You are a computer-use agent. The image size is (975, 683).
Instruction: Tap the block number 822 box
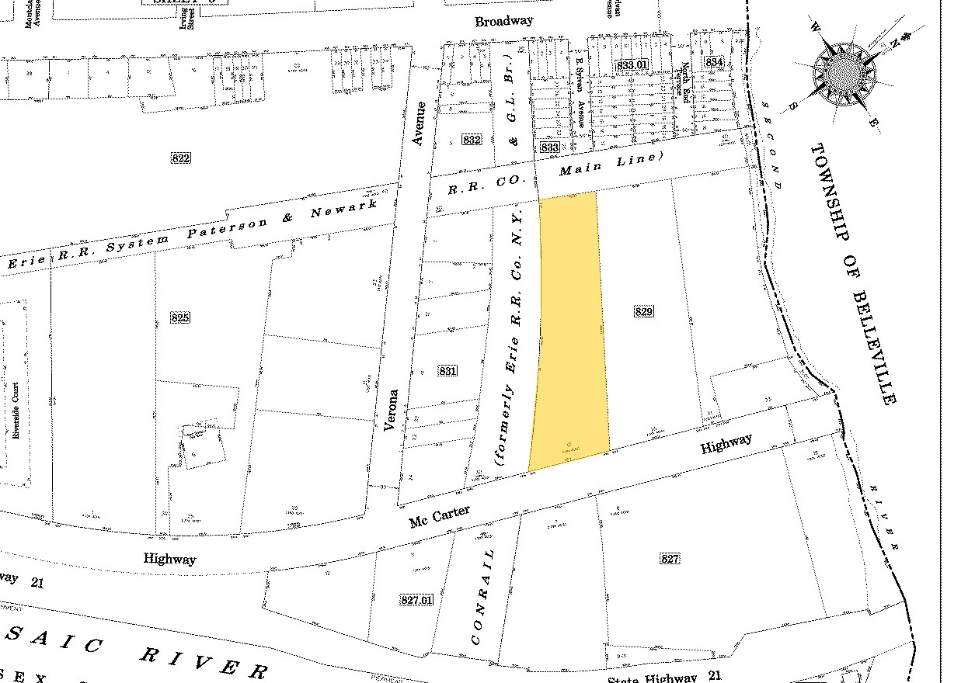click(x=179, y=158)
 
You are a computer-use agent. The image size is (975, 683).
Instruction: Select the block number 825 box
click(x=179, y=317)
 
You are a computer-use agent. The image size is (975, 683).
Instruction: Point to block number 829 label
click(x=643, y=312)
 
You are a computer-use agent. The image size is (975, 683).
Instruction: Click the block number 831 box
click(x=447, y=371)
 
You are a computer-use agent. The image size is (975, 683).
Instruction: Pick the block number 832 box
click(x=471, y=140)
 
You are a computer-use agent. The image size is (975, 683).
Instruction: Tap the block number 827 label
click(x=670, y=559)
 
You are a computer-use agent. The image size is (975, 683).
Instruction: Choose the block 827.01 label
click(x=417, y=599)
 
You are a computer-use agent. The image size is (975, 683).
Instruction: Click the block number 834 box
click(x=713, y=61)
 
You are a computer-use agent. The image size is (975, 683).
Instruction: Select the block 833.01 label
click(x=631, y=65)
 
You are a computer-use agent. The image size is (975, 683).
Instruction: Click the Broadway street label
click(x=504, y=21)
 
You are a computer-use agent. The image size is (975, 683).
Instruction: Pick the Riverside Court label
click(x=15, y=411)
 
